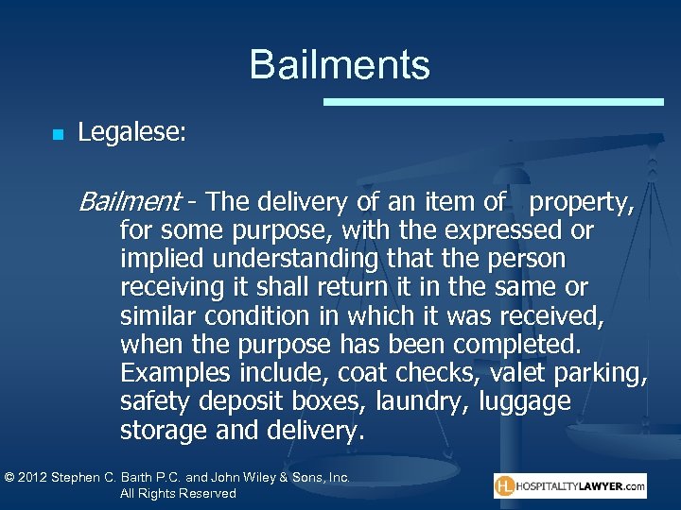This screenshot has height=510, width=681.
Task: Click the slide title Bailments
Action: click(x=340, y=65)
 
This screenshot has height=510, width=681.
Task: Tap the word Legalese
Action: click(x=131, y=133)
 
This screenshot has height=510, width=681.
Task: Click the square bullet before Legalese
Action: click(x=58, y=135)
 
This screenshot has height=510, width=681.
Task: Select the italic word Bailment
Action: click(x=130, y=201)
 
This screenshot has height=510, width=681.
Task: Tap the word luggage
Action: click(x=526, y=401)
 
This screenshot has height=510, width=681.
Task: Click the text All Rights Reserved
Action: click(x=178, y=494)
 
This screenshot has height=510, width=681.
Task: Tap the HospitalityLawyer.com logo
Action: click(x=569, y=486)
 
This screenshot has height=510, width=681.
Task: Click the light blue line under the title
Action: click(x=493, y=101)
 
